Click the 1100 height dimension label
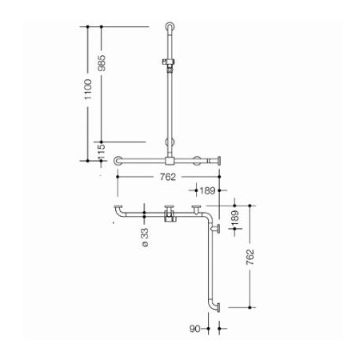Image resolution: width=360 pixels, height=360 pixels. click(x=88, y=90)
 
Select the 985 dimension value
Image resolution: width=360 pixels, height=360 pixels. click(x=102, y=63)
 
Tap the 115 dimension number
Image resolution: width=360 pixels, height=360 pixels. click(x=102, y=151)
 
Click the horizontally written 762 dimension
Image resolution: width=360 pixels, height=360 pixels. click(x=168, y=177)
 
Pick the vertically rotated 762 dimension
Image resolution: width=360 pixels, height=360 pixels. click(x=250, y=257)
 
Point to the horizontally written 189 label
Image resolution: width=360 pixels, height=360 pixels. click(x=207, y=190)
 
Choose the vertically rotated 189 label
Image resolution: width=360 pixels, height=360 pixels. click(x=235, y=218)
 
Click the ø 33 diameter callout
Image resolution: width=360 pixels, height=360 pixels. click(x=145, y=237)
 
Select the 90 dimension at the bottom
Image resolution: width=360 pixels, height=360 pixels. click(x=194, y=329)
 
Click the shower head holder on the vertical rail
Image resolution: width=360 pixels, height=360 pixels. click(x=168, y=64)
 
